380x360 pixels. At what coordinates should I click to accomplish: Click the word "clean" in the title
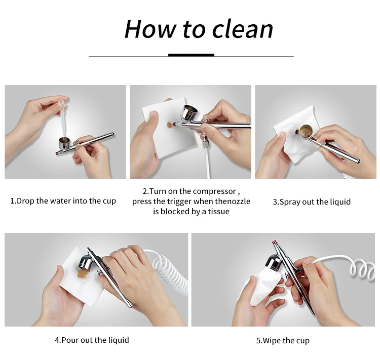[x=243, y=29]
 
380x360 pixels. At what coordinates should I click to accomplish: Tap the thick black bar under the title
[x=191, y=55]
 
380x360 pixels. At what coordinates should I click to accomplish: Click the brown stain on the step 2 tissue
[x=169, y=125]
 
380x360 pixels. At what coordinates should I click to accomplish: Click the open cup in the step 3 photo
[x=307, y=132]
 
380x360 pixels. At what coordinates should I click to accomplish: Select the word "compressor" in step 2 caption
[x=214, y=191]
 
